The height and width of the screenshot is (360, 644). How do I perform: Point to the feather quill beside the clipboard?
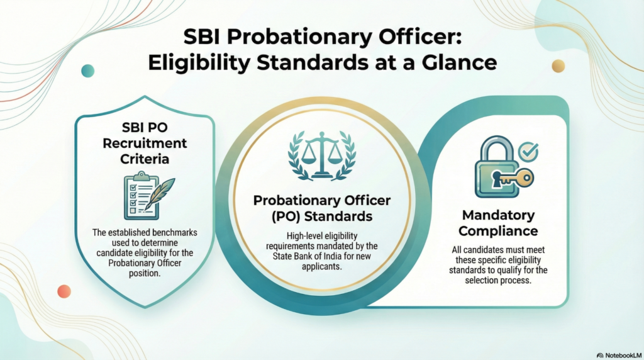tap(162, 193)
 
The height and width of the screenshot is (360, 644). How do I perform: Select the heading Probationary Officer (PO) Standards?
tap(321, 208)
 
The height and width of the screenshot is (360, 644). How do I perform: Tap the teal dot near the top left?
tap(88, 70)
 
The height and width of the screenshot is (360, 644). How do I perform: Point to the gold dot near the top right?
tap(558, 65)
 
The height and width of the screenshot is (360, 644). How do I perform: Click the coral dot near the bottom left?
tap(64, 291)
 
